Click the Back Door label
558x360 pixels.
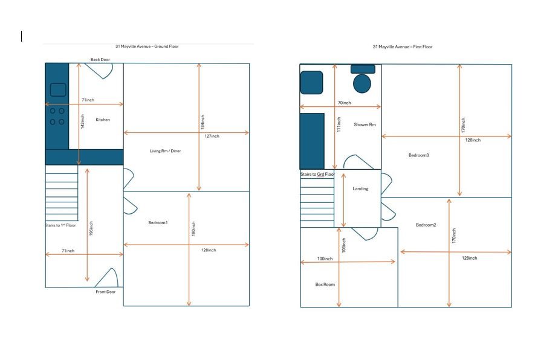tap(100, 59)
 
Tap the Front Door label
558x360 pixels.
tap(106, 291)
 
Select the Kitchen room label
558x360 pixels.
tap(103, 120)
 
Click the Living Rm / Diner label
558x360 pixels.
tap(165, 151)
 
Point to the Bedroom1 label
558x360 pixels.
tap(158, 223)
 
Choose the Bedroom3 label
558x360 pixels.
tap(418, 155)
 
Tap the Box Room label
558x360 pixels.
tap(325, 284)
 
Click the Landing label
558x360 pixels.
tap(360, 188)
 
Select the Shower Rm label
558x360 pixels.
tap(365, 124)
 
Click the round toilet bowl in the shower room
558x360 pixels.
tap(362, 83)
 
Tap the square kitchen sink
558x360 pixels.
tap(58, 90)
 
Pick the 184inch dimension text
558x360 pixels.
tap(203, 121)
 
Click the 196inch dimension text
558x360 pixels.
tap(91, 228)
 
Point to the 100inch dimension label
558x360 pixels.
tap(325, 259)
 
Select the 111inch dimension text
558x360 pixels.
tap(339, 125)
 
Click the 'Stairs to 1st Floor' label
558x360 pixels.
tap(60, 225)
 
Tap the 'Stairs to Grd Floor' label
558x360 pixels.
tap(317, 174)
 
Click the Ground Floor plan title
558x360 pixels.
tap(147, 46)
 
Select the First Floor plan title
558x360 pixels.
tap(402, 47)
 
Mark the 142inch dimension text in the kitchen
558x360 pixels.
tap(83, 121)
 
